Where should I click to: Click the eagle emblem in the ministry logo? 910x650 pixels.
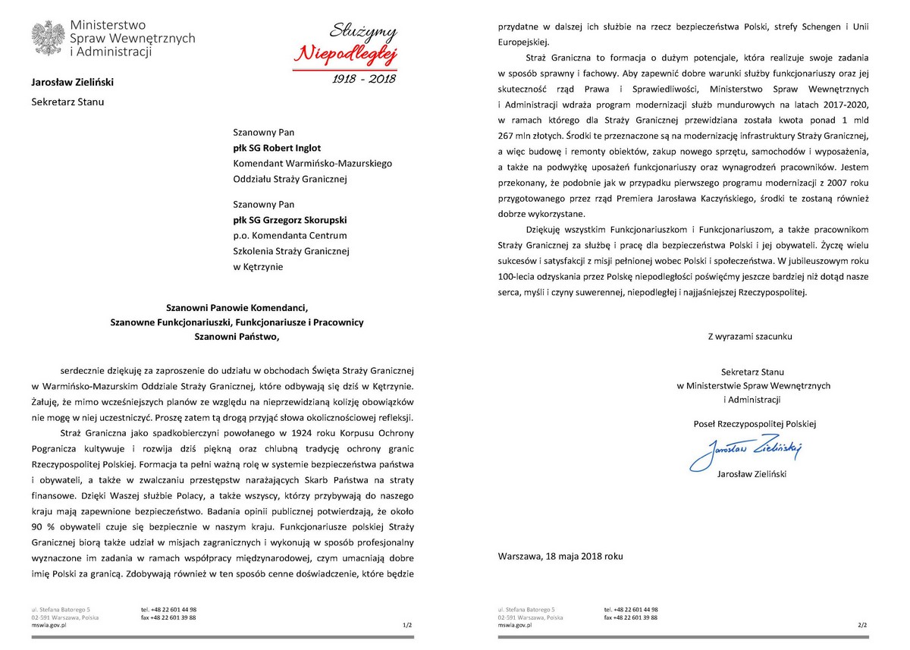pyautogui.click(x=48, y=39)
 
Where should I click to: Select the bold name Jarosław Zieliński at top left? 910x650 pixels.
pyautogui.click(x=73, y=81)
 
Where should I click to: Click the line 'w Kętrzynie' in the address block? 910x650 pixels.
pyautogui.click(x=259, y=266)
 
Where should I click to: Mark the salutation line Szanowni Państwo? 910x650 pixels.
pyautogui.click(x=237, y=336)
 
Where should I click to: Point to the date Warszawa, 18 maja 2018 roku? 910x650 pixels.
pyautogui.click(x=560, y=556)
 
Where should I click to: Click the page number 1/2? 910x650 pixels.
pyautogui.click(x=407, y=626)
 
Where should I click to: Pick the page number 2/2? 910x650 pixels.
pyautogui.click(x=861, y=626)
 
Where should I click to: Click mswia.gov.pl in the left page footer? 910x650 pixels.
pyautogui.click(x=49, y=626)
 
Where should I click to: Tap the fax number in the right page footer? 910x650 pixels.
pyautogui.click(x=631, y=617)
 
